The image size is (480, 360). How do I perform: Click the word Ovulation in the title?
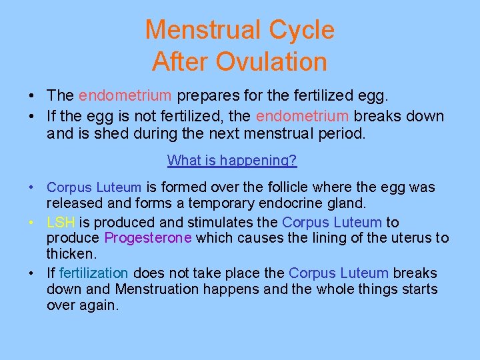pos(270,62)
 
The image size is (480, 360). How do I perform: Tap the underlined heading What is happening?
pos(232,160)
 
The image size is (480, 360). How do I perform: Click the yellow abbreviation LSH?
pos(61,222)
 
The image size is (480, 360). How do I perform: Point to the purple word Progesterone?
pos(147,238)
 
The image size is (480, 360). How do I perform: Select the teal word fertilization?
pos(93,273)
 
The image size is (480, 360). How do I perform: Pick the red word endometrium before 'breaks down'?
pos(302,116)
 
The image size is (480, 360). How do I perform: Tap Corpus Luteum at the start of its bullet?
pos(94,188)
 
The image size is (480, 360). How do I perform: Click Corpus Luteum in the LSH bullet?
pos(332,222)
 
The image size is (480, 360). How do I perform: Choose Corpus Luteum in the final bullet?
pos(338,273)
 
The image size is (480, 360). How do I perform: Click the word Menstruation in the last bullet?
pos(157,289)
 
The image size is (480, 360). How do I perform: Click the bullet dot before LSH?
pos(32,223)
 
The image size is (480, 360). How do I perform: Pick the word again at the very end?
pos(101,306)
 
